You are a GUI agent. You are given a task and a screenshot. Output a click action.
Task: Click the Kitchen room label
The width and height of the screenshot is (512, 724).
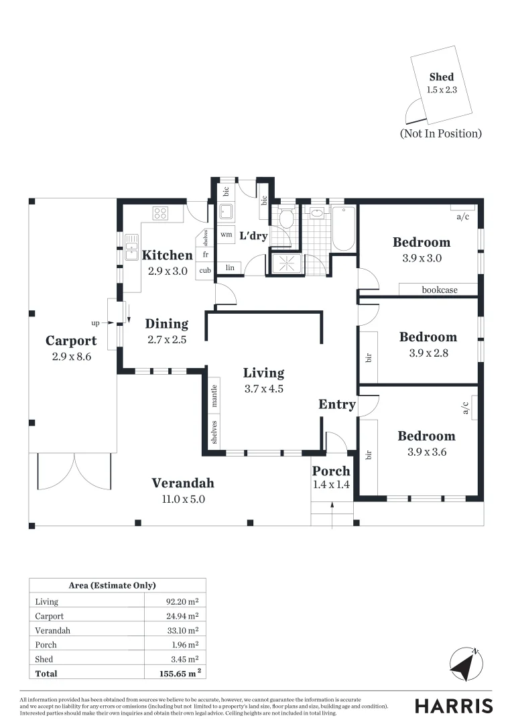point(167,255)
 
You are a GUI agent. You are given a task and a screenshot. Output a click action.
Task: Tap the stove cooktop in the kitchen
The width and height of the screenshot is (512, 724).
point(160,214)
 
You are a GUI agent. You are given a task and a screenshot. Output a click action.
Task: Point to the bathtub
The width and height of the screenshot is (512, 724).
point(343,229)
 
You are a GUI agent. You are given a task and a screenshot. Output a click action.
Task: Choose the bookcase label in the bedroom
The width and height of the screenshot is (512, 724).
point(440,290)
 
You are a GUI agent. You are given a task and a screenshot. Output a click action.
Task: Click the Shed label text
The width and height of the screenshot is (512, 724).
point(442,77)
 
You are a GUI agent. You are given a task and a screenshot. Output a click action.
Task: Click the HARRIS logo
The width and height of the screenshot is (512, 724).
point(453,706)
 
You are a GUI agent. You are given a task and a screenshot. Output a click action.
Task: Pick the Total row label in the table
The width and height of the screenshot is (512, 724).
point(46,673)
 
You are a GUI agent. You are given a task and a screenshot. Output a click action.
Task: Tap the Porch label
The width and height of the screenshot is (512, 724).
point(331,471)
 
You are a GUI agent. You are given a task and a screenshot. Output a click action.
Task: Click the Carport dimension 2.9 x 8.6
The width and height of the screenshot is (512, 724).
point(71,357)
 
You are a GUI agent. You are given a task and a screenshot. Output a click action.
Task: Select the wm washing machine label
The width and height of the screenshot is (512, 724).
point(226,235)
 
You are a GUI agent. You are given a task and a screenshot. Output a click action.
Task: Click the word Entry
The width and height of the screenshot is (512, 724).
point(336,404)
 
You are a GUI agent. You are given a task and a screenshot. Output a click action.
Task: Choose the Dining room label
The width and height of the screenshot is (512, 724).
point(167,324)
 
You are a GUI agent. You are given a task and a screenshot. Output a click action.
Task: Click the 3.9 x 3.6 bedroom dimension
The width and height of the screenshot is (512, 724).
point(426,452)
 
